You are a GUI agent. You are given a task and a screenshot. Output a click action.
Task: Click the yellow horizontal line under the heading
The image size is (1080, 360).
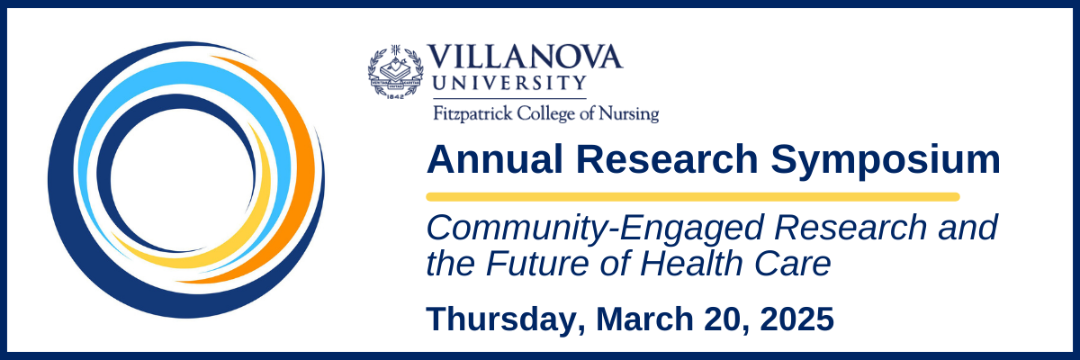pos(693,196)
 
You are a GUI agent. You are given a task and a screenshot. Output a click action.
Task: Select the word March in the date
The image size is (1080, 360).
pos(646,319)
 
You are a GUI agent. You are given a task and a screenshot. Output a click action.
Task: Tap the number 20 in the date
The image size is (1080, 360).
pos(726,319)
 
